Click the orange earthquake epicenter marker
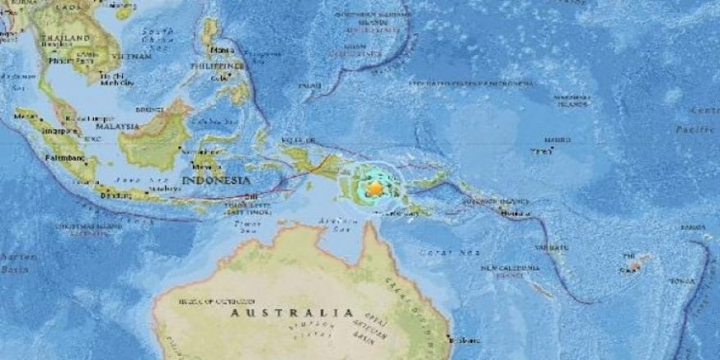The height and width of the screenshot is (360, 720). (375, 188)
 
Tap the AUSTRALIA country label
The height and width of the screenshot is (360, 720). (292, 313)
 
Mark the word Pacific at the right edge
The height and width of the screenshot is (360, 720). (695, 129)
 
